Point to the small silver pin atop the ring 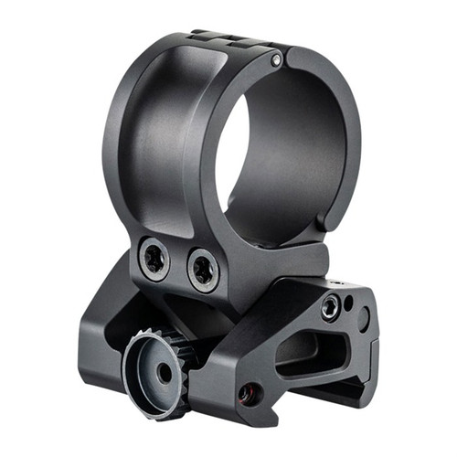276,61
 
